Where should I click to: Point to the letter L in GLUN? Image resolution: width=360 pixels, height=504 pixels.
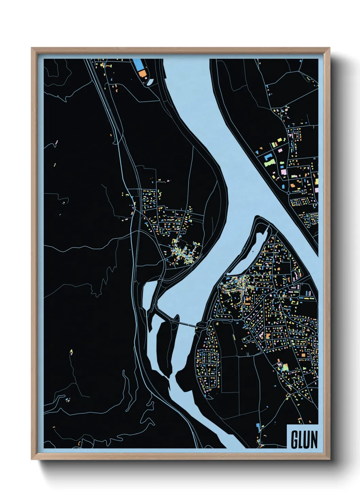pyautogui.click(x=300, y=440)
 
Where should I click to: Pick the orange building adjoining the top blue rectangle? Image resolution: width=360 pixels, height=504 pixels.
pyautogui.click(x=142, y=74)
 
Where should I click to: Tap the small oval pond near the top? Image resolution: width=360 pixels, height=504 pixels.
pyautogui.click(x=150, y=82)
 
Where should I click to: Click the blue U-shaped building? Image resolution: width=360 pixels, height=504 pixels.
pyautogui.click(x=267, y=158)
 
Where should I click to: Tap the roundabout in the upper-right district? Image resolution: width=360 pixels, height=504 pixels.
pyautogui.click(x=289, y=193)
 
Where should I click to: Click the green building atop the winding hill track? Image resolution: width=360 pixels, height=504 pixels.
pyautogui.click(x=71, y=351)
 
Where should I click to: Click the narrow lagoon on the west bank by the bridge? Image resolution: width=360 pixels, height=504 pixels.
pyautogui.click(x=149, y=294)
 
